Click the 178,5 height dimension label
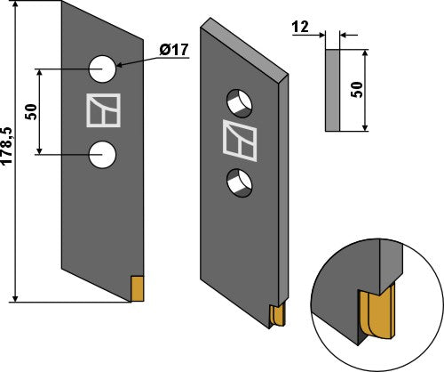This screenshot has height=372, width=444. [x=9, y=158]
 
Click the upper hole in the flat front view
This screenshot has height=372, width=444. [x=103, y=68]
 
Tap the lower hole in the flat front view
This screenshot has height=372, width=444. [x=103, y=154]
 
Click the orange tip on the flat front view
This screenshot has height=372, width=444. [x=138, y=288]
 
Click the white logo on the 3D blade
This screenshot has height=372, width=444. [x=239, y=141]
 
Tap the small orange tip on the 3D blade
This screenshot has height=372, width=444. [x=275, y=314]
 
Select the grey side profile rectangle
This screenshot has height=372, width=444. [x=332, y=89]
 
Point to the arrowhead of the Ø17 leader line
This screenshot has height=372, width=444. [x=119, y=64]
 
